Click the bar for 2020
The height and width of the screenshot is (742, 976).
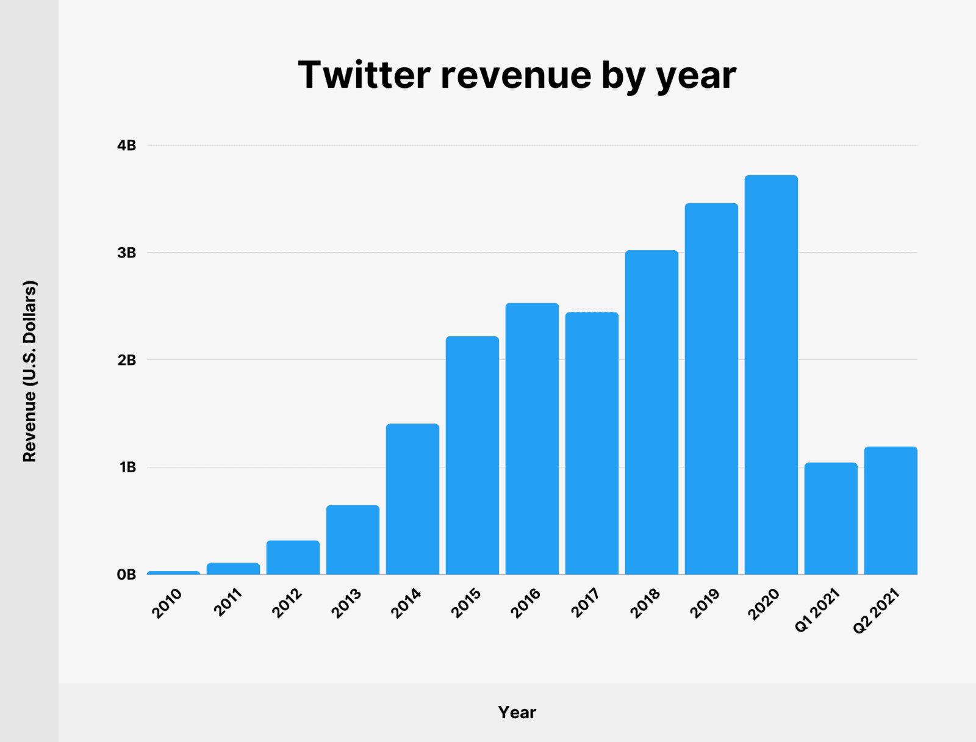coord(771,375)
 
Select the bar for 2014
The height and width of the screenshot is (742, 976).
coord(412,499)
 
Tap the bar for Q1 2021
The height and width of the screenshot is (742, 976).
coord(831,519)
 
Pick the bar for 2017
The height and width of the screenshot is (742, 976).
coord(592,444)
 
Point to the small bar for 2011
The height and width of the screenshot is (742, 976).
coord(233,569)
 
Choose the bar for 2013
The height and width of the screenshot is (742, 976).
coord(353,540)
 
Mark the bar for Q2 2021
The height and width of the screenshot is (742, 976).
coord(891,511)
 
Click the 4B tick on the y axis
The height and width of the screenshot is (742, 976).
coord(127,145)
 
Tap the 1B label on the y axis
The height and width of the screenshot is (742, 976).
coord(127,467)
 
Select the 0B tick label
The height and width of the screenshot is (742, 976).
coord(127,575)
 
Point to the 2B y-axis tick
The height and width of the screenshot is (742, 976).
coord(127,360)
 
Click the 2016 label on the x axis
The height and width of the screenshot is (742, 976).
coord(526,603)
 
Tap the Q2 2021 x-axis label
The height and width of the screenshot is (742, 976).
coord(877,610)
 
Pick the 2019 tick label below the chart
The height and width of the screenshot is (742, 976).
coord(705,603)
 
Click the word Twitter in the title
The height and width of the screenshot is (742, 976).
coord(364,75)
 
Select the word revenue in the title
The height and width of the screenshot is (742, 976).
coord(516,75)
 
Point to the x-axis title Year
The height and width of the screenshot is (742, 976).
coord(517,712)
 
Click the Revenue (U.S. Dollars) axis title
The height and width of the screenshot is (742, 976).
coord(30,371)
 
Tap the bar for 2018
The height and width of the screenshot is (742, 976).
coord(651,412)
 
